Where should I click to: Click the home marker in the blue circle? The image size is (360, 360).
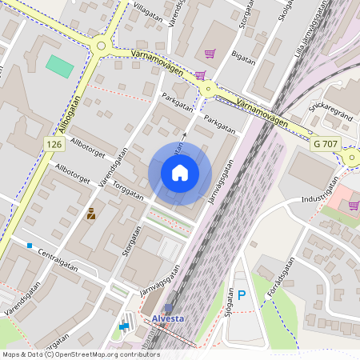click(x=180, y=173)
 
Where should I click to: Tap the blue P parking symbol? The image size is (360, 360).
click(x=242, y=296)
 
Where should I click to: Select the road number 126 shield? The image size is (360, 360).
click(x=54, y=143)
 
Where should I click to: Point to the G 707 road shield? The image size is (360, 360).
click(x=327, y=143)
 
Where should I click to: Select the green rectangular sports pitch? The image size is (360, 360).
click(x=58, y=66)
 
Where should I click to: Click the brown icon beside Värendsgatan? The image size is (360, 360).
click(x=91, y=214)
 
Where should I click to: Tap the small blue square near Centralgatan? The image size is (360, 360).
click(x=30, y=245)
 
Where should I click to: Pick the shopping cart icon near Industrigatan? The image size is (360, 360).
click(x=353, y=206)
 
